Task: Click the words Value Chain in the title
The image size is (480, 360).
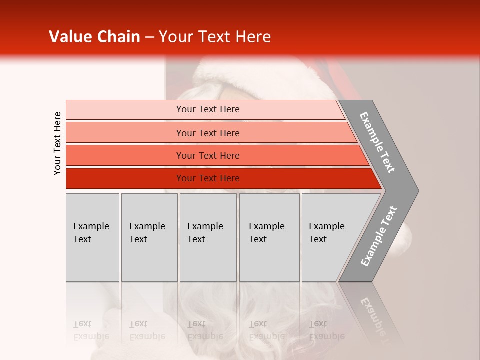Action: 94,37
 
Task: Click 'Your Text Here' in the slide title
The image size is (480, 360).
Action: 215,37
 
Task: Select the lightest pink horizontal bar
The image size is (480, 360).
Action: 125,110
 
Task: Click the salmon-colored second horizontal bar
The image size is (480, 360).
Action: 125,133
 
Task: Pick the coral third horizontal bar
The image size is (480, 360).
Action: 125,155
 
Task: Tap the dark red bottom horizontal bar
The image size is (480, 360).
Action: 125,178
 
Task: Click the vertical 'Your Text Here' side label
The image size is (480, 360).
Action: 57,144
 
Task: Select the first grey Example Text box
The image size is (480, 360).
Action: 92,237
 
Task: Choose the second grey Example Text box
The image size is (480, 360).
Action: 149,237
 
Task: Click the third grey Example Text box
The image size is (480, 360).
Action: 208,237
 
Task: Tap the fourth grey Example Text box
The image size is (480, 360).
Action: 269,237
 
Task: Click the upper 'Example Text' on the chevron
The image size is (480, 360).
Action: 377,142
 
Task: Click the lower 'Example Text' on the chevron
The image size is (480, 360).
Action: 379,236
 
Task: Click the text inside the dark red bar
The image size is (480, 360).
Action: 208,178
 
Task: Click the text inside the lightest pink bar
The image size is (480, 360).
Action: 208,109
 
